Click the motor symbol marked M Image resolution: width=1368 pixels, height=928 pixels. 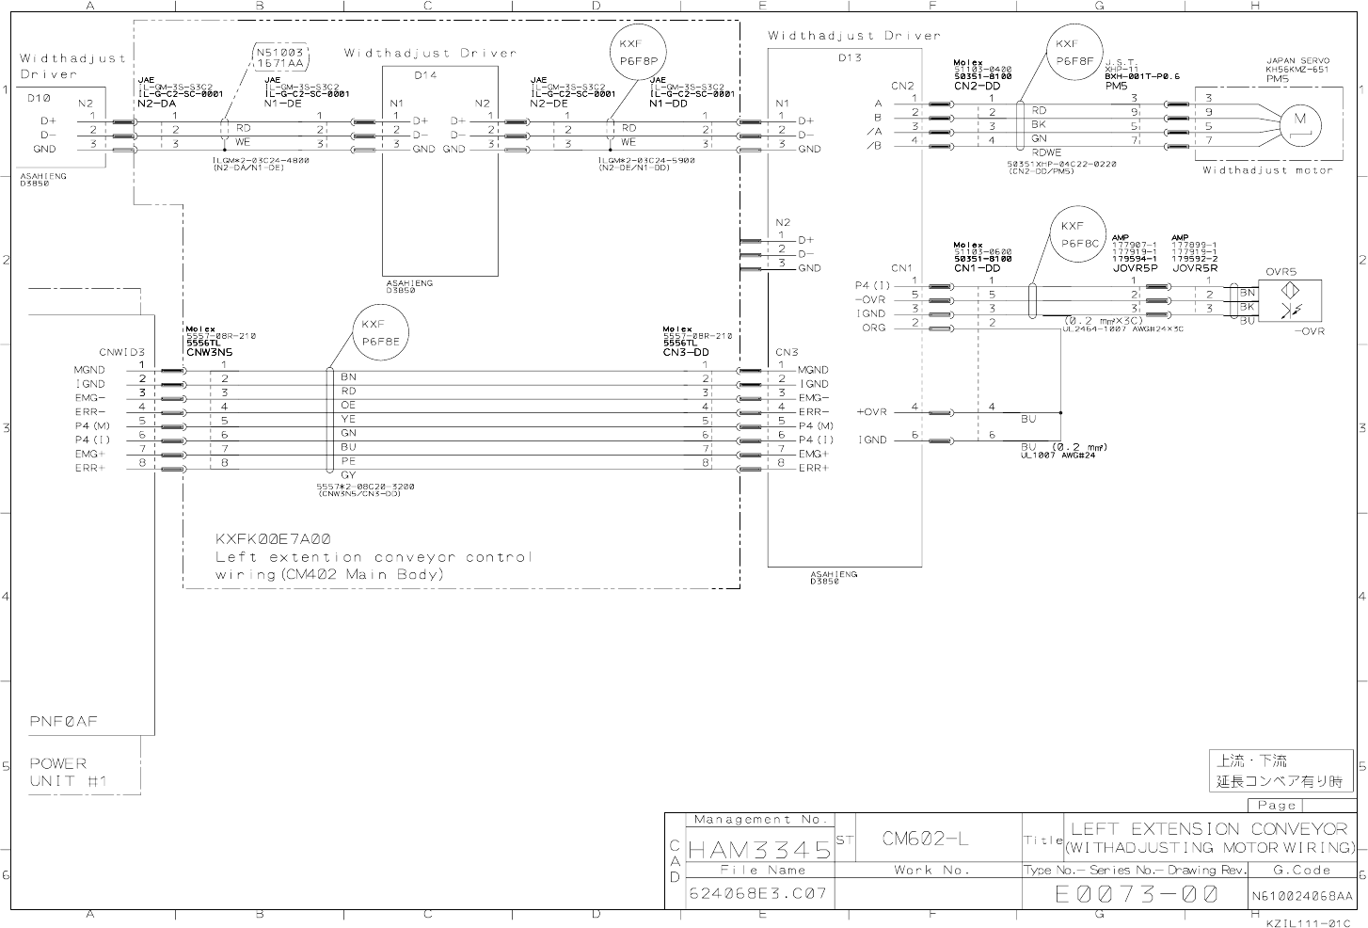[1301, 120]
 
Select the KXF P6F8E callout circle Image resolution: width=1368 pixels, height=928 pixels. [381, 333]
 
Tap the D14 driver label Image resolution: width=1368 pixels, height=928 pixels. [425, 74]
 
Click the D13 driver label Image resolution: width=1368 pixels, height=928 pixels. [849, 57]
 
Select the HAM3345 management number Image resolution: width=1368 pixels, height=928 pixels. [759, 850]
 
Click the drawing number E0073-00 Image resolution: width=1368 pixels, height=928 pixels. [1136, 893]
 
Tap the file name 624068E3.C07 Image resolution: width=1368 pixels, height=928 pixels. [757, 893]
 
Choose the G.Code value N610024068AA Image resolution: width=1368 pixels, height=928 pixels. [1302, 895]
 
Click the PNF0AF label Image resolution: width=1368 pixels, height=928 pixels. [64, 722]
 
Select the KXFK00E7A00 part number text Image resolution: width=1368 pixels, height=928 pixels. [274, 538]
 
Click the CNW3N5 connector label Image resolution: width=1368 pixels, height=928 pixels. [209, 352]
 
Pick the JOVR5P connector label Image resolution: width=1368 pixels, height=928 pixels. [1134, 267]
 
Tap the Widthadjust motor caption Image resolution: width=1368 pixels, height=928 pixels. [1267, 170]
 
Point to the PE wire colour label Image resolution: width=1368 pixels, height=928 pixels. [348, 461]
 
